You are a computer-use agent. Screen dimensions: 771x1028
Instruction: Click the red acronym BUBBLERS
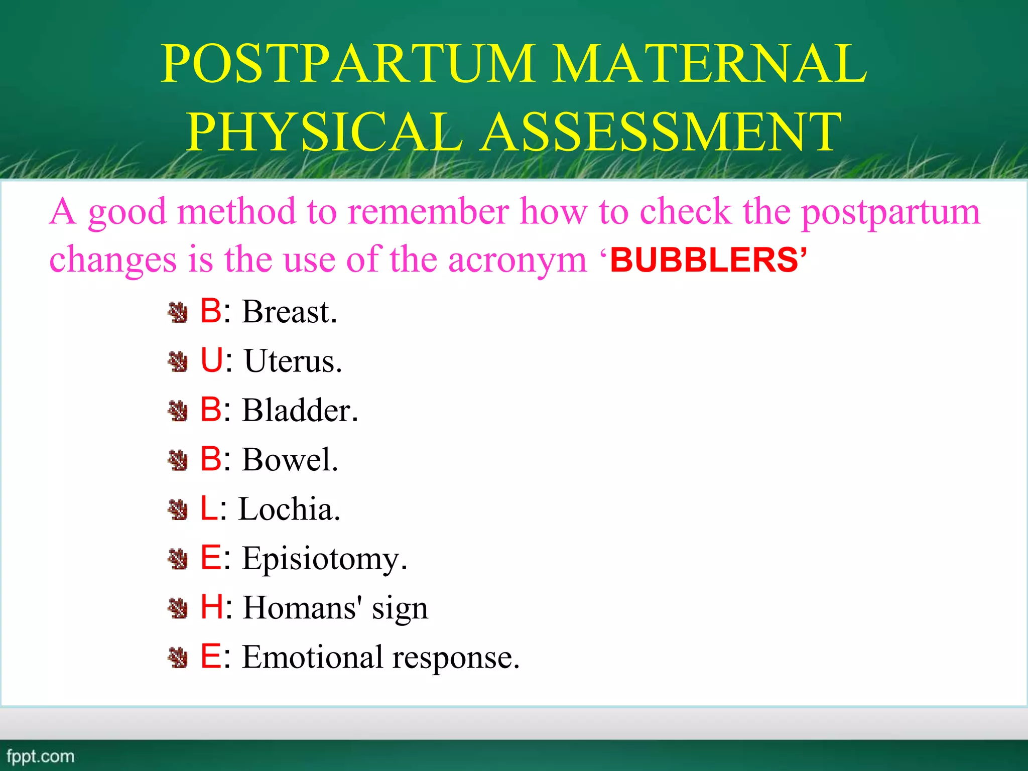click(x=704, y=260)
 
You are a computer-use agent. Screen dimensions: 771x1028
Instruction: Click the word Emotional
click(x=313, y=657)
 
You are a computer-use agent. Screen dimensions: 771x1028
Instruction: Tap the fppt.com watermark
click(x=40, y=756)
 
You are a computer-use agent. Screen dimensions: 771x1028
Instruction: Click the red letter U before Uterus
click(x=211, y=360)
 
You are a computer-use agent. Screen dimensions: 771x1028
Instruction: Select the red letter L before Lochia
click(x=208, y=508)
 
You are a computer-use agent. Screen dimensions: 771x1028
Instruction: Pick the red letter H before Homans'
click(x=212, y=607)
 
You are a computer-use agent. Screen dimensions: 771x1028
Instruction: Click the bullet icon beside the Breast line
click(x=178, y=312)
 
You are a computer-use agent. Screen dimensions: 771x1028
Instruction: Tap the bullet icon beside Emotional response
click(x=178, y=658)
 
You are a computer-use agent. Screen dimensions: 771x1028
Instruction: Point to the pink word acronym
click(x=517, y=260)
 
